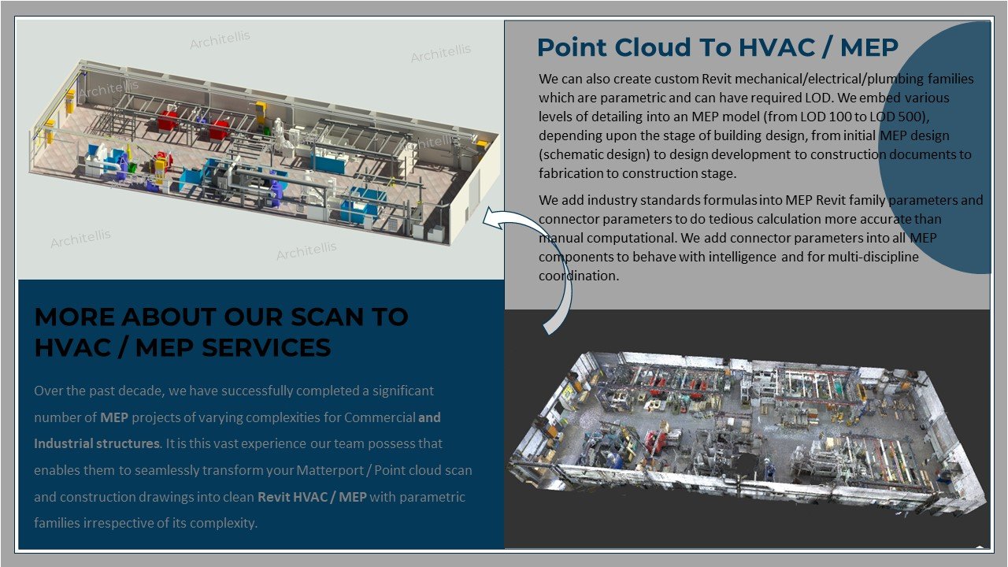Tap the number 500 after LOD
pos(911,117)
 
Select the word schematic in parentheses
pos(571,154)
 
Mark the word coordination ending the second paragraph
pos(578,276)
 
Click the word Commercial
pos(380,417)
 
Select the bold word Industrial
pos(64,443)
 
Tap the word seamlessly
pos(166,470)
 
